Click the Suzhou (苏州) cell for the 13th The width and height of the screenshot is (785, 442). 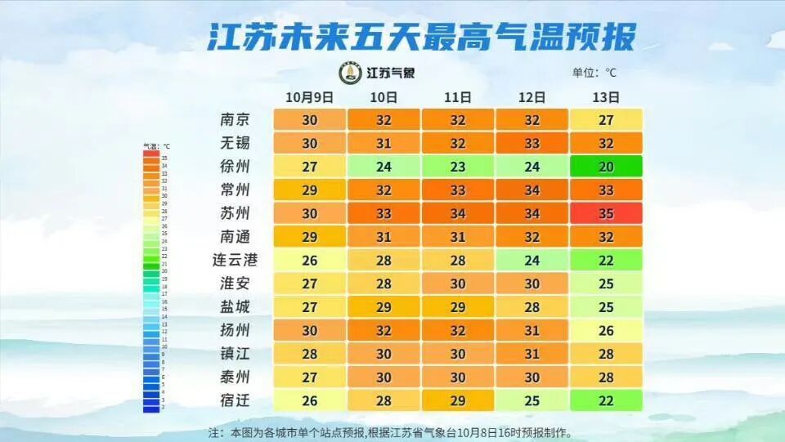[x=605, y=214]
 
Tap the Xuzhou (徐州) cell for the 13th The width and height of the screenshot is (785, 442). [x=605, y=167]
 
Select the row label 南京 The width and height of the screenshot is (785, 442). [x=235, y=119]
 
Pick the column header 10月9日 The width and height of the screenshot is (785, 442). [x=310, y=96]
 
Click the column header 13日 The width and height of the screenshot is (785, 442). [x=605, y=96]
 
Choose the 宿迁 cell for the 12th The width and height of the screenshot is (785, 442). [x=532, y=401]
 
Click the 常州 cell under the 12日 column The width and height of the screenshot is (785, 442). [x=532, y=190]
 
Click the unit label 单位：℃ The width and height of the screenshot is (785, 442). [x=595, y=72]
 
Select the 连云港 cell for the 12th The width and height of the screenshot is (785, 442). [x=532, y=261]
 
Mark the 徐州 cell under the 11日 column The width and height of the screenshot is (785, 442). [x=458, y=167]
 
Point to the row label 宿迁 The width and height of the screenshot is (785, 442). [x=235, y=401]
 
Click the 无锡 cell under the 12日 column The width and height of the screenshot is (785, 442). [x=532, y=143]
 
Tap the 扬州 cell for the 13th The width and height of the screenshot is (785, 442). [x=605, y=331]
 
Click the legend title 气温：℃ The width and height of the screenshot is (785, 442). [x=156, y=146]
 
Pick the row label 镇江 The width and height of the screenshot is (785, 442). [x=235, y=354]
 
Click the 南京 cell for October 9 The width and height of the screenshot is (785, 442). [x=310, y=119]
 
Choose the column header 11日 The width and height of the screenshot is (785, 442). [x=458, y=96]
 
